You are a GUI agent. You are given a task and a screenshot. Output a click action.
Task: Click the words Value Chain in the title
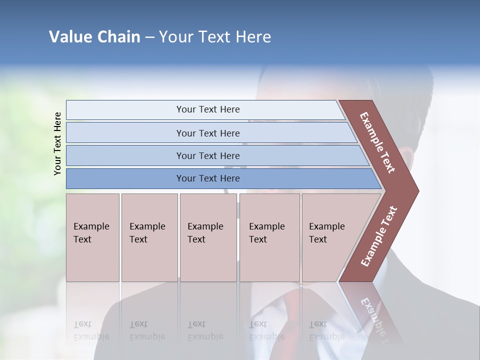[x=94, y=37]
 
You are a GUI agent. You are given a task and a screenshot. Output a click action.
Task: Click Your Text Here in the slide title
[x=215, y=37]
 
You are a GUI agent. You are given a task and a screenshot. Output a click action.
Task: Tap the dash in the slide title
[x=149, y=37]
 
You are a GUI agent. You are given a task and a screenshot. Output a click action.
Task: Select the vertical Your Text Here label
[x=57, y=143]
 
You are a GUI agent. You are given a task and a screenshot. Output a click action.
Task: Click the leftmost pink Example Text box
[x=92, y=237]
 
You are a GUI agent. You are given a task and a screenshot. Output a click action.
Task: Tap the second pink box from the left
[x=149, y=237]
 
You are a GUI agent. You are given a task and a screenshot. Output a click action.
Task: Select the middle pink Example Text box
[x=208, y=237]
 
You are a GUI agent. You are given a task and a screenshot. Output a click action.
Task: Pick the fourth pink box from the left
[x=269, y=237]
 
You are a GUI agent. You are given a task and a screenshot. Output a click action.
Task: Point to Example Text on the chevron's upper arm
[x=377, y=142]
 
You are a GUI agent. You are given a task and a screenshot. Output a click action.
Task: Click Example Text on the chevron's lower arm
[x=379, y=236]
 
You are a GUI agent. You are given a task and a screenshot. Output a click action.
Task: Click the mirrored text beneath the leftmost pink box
[x=91, y=330]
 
